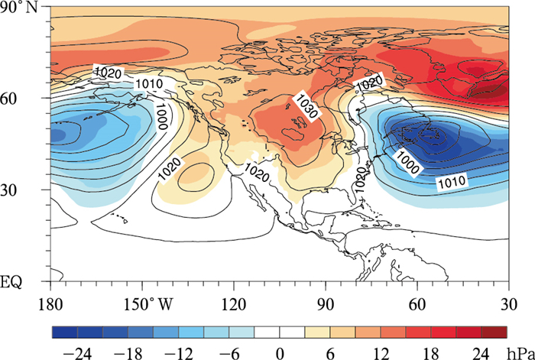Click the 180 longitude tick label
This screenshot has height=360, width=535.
51,303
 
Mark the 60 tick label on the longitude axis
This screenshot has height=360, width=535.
417,303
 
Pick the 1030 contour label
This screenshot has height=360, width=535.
304,109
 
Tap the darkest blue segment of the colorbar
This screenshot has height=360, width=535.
64,332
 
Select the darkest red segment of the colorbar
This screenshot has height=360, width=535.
494,332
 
